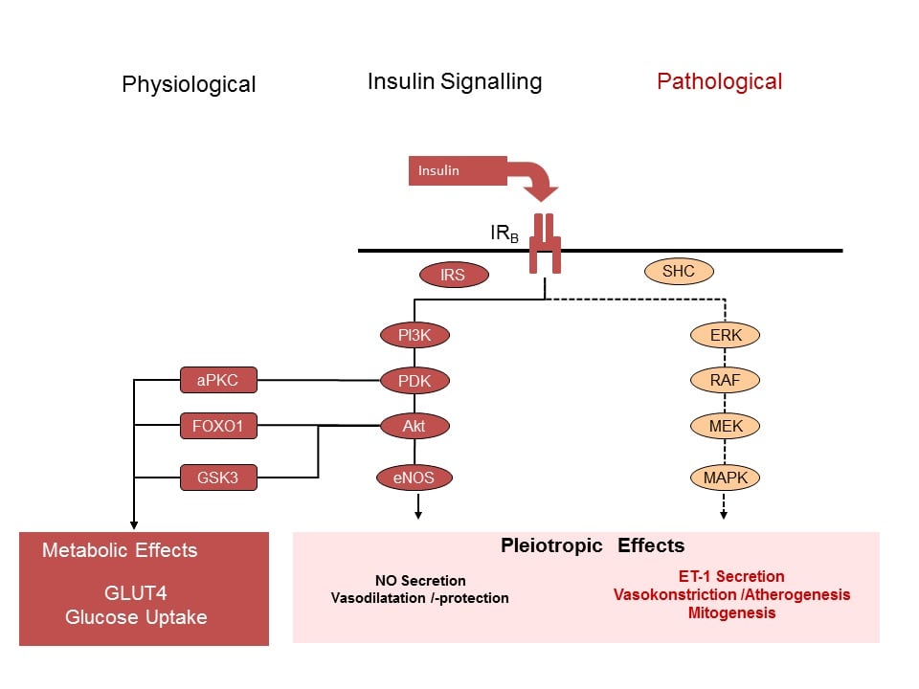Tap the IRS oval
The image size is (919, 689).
pos(454,276)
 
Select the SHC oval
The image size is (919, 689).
pos(678,272)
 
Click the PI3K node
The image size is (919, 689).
pos(414,336)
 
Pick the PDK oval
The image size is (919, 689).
pos(414,381)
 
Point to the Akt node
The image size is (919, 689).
pos(414,426)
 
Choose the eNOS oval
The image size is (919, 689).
pos(414,477)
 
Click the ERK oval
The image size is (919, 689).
pos(725,336)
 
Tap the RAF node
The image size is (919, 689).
pos(725,381)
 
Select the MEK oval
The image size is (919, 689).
pos(725,426)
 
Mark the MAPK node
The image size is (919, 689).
pos(725,477)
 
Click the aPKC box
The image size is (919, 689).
pos(218,381)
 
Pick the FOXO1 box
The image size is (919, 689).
pos(218,425)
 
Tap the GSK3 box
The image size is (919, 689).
pos(218,477)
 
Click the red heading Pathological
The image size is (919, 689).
pos(719,81)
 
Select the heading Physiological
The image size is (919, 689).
pos(189,84)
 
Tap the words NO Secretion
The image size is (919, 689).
pos(420,581)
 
